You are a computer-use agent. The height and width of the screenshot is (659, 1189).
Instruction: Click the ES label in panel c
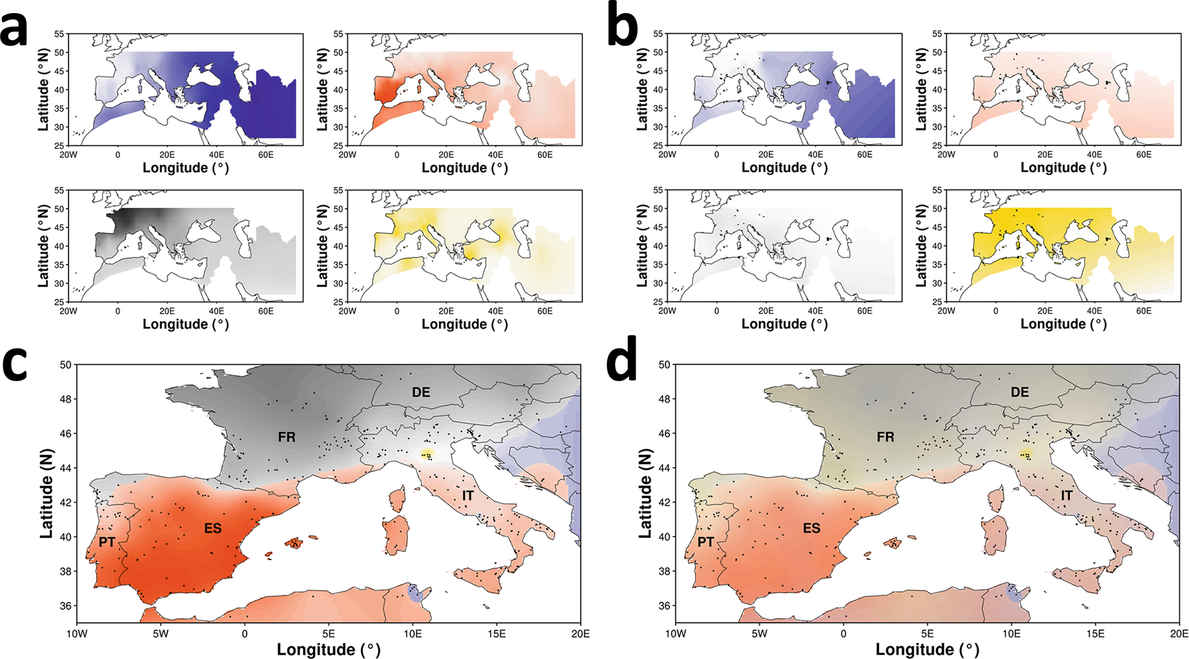[x=213, y=529]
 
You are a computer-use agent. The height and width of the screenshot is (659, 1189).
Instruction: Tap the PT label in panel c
[x=107, y=542]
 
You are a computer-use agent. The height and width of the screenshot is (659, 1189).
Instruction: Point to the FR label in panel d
[x=885, y=437]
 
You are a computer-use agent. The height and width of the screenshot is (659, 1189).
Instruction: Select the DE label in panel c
[x=421, y=392]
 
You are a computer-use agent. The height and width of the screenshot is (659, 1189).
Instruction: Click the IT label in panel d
[x=1066, y=496]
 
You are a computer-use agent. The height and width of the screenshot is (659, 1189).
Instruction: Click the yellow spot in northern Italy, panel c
[x=427, y=455]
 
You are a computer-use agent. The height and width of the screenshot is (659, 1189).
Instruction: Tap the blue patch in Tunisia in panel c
[x=415, y=592]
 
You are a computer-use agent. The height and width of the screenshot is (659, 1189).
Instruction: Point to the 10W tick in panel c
[x=77, y=634]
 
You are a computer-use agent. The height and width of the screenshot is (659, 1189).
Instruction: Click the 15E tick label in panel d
[x=1095, y=634]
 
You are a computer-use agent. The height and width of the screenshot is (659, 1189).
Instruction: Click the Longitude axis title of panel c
[x=328, y=649]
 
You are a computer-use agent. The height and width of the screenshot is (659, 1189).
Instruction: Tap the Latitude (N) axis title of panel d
[x=645, y=493]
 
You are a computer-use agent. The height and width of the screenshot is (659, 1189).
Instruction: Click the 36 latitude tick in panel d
[x=663, y=606]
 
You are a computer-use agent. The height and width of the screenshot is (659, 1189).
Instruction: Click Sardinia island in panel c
[x=396, y=534]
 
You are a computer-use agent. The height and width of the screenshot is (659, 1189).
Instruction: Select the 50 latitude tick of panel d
[x=663, y=365]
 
